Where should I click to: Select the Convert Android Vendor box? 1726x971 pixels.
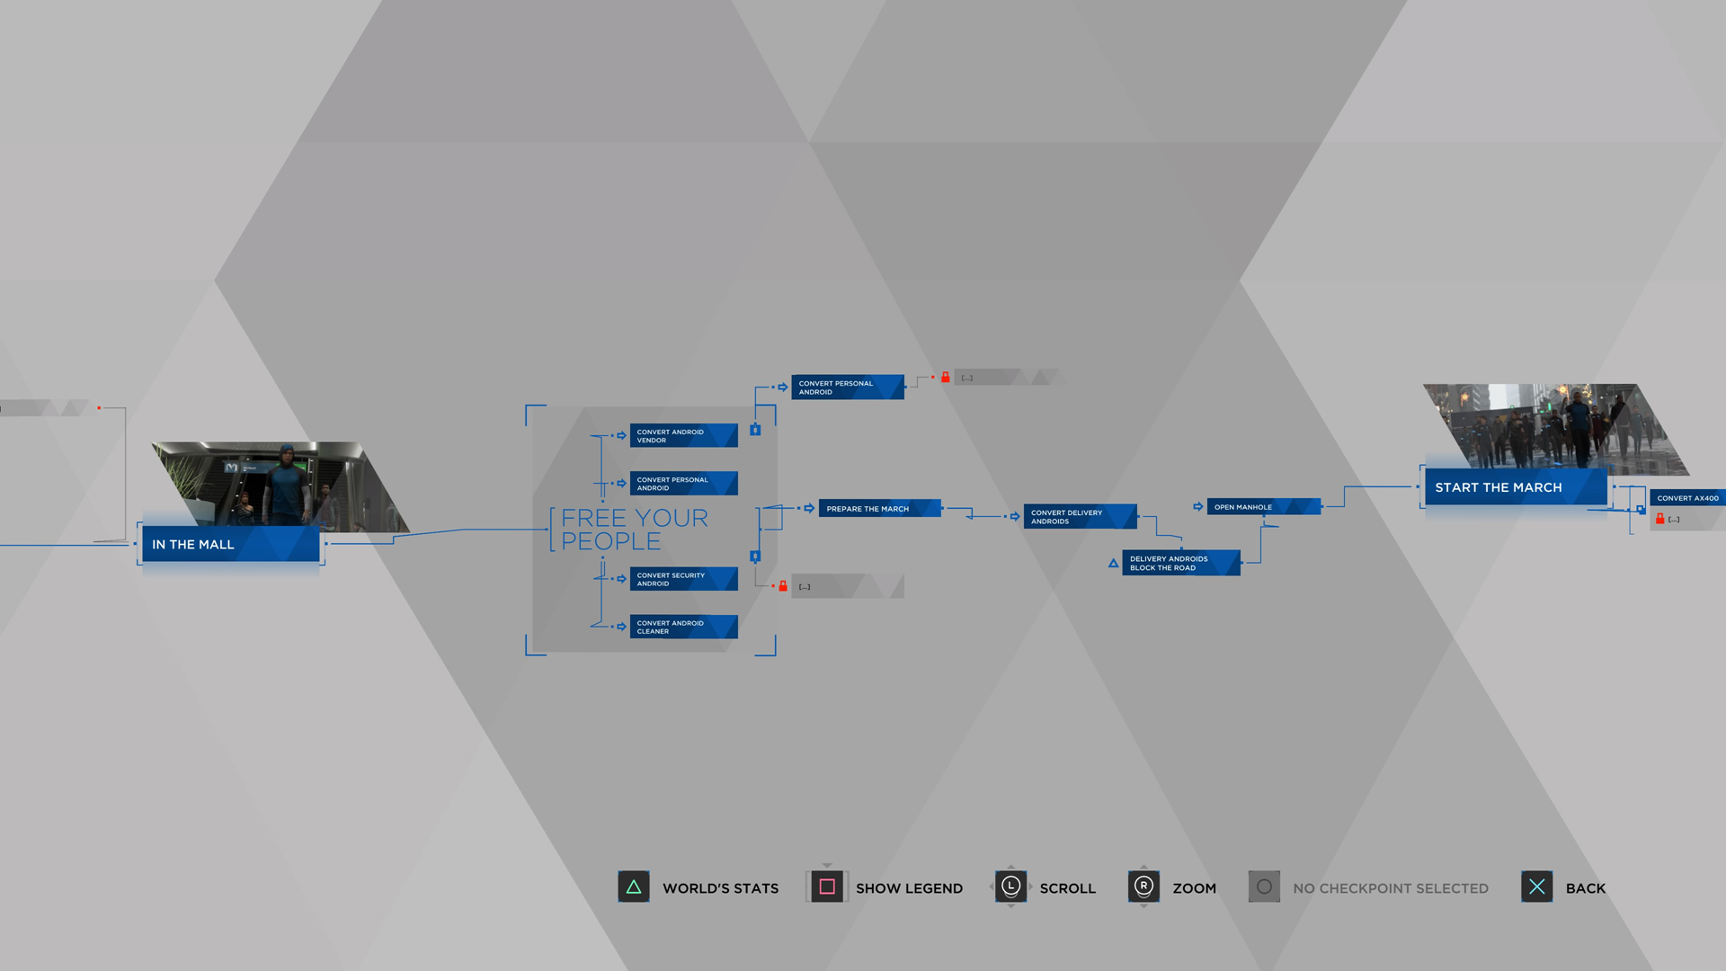pyautogui.click(x=683, y=436)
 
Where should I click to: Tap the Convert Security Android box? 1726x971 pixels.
pyautogui.click(x=683, y=579)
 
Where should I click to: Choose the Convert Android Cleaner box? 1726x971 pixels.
pyautogui.click(x=683, y=627)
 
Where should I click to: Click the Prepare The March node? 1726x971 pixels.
pyautogui.click(x=879, y=509)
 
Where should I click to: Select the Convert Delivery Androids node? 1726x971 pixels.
pyautogui.click(x=1080, y=517)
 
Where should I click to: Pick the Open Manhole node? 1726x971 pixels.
pyautogui.click(x=1263, y=507)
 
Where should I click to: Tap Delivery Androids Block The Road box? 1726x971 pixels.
pyautogui.click(x=1180, y=563)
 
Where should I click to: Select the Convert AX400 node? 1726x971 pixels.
pyautogui.click(x=1687, y=498)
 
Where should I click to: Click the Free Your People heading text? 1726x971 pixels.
pyautogui.click(x=634, y=530)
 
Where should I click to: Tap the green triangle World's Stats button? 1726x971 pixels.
pyautogui.click(x=634, y=887)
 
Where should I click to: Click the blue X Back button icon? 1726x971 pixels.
pyautogui.click(x=1536, y=887)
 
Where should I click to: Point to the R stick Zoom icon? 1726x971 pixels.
pyautogui.click(x=1143, y=887)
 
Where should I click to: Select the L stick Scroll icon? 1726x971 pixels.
pyautogui.click(x=1010, y=887)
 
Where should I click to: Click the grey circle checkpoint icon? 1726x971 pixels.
pyautogui.click(x=1264, y=887)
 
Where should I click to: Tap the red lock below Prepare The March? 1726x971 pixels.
pyautogui.click(x=783, y=586)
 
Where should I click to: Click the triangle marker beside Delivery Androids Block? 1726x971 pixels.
pyautogui.click(x=1113, y=564)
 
